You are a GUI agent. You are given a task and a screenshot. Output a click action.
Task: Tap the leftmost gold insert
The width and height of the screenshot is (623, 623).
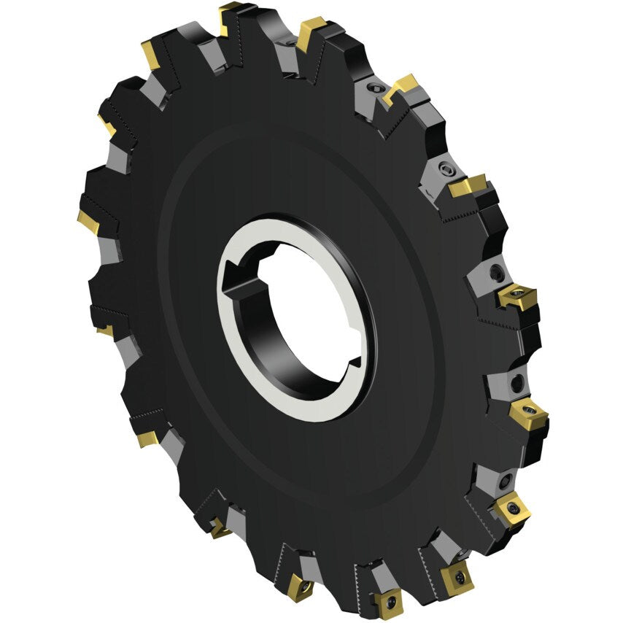tap(88, 221)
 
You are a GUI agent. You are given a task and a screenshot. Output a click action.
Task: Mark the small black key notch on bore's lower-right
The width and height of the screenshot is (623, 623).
tap(355, 362)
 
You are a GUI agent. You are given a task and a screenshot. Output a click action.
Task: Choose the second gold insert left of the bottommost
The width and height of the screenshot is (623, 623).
tap(219, 527)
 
